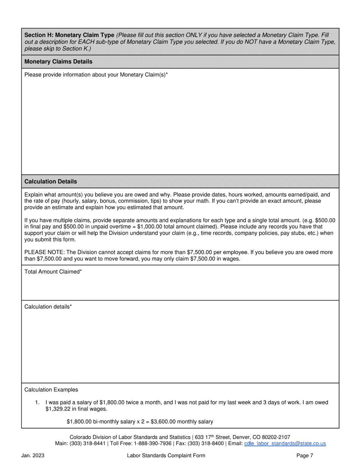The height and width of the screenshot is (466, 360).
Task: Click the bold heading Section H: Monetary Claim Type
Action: click(69, 35)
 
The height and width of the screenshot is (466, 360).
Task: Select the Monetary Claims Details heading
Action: click(58, 61)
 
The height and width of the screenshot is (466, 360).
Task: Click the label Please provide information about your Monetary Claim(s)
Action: click(96, 75)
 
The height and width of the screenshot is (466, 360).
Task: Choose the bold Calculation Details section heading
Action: click(50, 181)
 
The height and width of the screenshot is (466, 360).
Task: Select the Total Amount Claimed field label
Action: click(53, 272)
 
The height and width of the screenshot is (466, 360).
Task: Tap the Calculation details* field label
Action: click(48, 306)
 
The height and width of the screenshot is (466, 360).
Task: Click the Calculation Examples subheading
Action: click(51, 389)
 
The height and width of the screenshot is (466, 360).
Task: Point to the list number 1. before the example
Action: click(38, 402)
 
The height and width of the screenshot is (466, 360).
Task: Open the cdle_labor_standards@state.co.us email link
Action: click(285, 443)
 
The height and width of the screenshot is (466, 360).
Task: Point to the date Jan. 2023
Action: click(33, 456)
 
